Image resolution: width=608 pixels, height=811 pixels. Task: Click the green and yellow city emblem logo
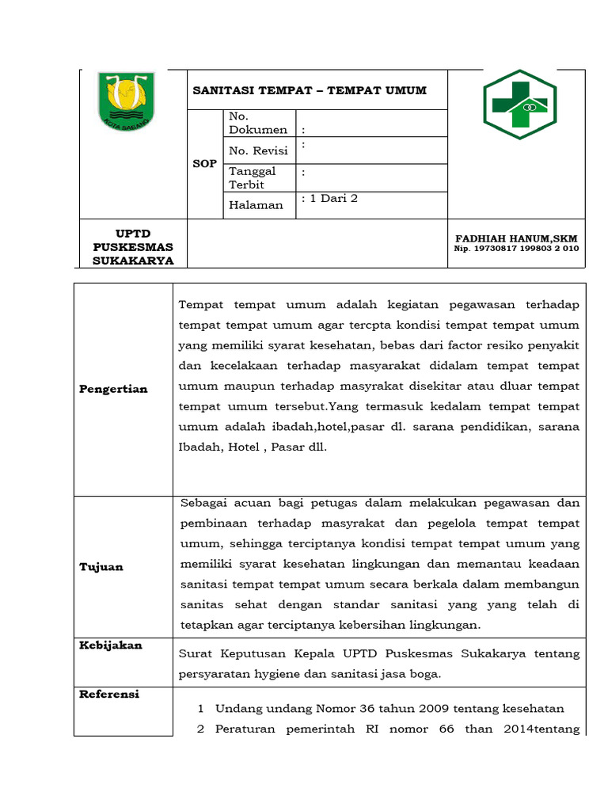pyautogui.click(x=126, y=102)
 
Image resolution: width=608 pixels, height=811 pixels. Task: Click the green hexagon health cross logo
pyautogui.click(x=519, y=105)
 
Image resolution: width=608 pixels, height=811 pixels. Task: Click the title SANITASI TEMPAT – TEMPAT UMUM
pyautogui.click(x=310, y=90)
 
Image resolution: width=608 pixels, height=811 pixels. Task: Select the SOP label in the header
pyautogui.click(x=204, y=163)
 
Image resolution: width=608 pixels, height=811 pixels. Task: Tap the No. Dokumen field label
pyautogui.click(x=257, y=123)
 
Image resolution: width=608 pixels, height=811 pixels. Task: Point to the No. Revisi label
pyautogui.click(x=258, y=150)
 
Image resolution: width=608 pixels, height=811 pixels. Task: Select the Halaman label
pyautogui.click(x=256, y=205)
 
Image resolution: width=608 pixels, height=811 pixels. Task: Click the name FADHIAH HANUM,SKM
pyautogui.click(x=516, y=238)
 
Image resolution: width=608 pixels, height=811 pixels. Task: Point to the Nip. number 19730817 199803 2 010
pyautogui.click(x=516, y=249)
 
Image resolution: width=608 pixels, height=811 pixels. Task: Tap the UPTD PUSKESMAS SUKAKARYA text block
pyautogui.click(x=133, y=247)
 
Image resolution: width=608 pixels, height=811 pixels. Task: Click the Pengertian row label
pyautogui.click(x=113, y=389)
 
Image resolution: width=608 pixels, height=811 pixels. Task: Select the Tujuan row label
pyautogui.click(x=101, y=566)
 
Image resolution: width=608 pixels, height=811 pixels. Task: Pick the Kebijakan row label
pyautogui.click(x=111, y=645)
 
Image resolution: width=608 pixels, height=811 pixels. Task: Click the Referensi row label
pyautogui.click(x=109, y=694)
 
